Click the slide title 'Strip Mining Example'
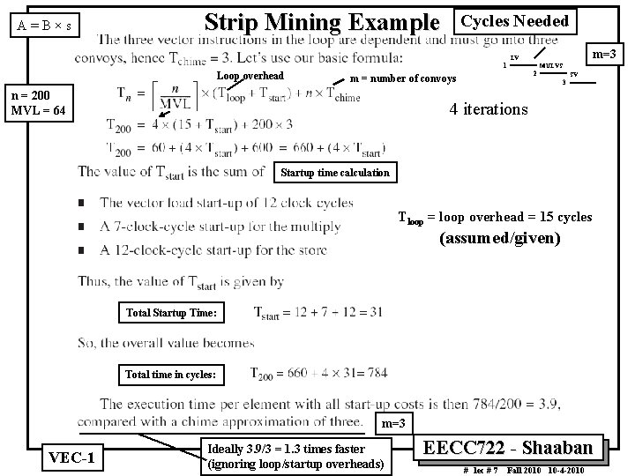321,21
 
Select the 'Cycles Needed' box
515,20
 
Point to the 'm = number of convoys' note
403,78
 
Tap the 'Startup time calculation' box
334,172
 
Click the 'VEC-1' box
74,456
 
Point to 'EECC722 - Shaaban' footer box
512,447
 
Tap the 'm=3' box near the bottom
393,423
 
